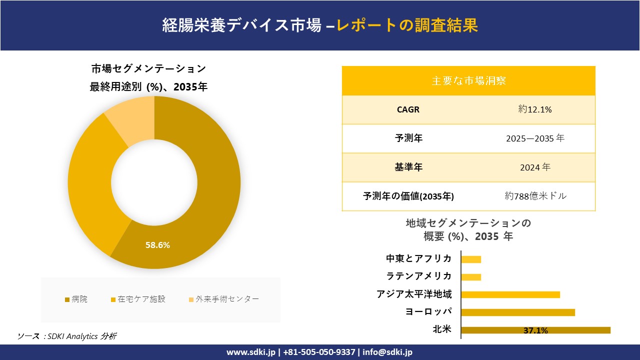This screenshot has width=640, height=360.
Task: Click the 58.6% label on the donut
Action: (x=157, y=245)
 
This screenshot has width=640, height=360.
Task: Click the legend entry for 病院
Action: (x=76, y=299)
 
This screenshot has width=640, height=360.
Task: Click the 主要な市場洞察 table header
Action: (x=468, y=80)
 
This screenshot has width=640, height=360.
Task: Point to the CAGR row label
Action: (x=408, y=109)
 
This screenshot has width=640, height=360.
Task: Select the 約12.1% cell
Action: (x=534, y=109)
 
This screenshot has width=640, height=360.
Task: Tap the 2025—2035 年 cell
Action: (x=534, y=138)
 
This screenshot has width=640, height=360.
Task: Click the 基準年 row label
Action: (x=408, y=167)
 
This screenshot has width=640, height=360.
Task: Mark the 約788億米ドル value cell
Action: (x=535, y=196)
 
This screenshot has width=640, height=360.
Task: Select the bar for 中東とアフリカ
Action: (x=471, y=259)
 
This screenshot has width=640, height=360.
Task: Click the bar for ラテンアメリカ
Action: (x=471, y=277)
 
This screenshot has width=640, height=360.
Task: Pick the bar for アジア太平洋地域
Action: (x=510, y=294)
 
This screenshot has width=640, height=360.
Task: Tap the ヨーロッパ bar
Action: (x=517, y=312)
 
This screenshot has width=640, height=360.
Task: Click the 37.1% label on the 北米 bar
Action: (x=535, y=330)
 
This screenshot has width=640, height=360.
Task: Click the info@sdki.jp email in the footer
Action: (x=388, y=352)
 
